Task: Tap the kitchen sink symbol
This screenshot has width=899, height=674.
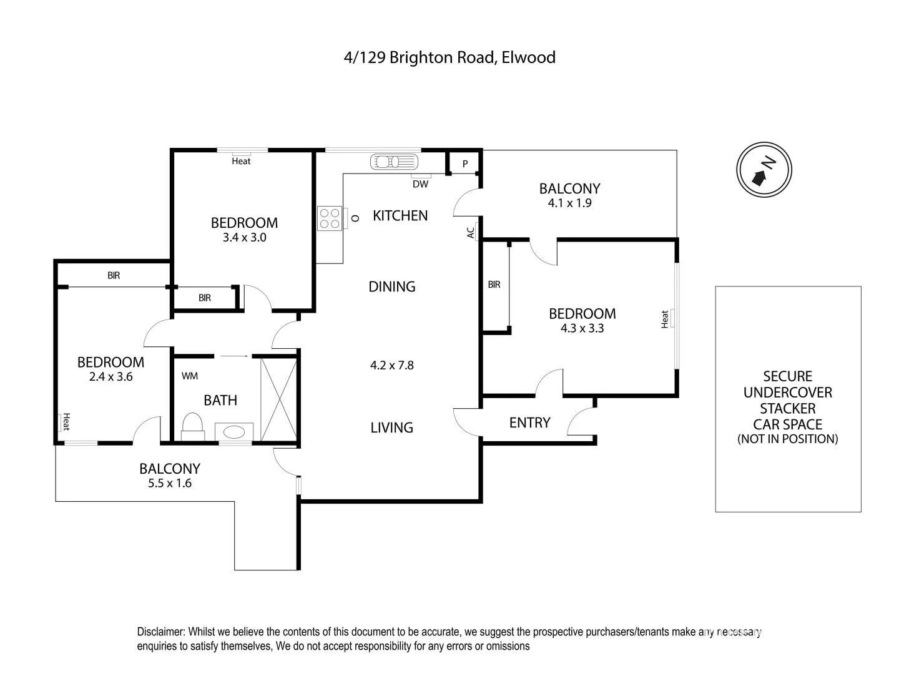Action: pyautogui.click(x=394, y=162)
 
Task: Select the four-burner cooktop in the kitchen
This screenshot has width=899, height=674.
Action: pyautogui.click(x=330, y=218)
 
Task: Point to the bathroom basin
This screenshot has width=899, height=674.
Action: pyautogui.click(x=234, y=432)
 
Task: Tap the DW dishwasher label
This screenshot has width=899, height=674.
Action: pyautogui.click(x=420, y=184)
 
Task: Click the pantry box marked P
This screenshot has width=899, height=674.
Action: pyautogui.click(x=465, y=164)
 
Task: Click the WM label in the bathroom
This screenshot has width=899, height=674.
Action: pyautogui.click(x=190, y=376)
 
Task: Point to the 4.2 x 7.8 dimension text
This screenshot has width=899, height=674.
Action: pyautogui.click(x=391, y=365)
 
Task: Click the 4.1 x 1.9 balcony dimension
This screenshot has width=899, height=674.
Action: pyautogui.click(x=569, y=203)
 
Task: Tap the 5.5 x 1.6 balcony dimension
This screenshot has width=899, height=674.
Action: pyautogui.click(x=169, y=483)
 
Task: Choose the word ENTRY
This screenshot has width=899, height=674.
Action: pyautogui.click(x=529, y=422)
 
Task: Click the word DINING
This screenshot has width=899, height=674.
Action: pyautogui.click(x=391, y=286)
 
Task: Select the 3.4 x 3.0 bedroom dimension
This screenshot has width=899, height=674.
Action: pyautogui.click(x=244, y=237)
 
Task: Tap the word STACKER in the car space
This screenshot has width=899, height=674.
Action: pyautogui.click(x=787, y=409)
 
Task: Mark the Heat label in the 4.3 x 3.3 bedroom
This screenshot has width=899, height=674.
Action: pyautogui.click(x=665, y=319)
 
